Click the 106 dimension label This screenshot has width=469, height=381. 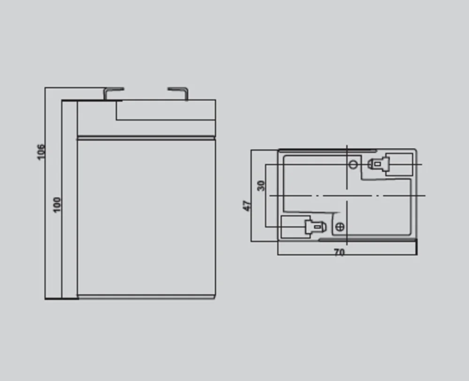(41, 152)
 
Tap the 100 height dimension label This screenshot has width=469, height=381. (57, 205)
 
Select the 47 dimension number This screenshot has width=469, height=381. (247, 206)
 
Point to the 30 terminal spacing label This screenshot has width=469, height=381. (261, 185)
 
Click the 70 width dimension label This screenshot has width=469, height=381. (339, 252)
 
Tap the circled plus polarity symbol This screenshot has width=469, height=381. (340, 227)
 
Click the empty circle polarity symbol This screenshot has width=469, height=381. (353, 164)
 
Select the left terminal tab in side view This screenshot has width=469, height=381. (113, 93)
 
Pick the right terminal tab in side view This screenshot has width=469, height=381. (178, 93)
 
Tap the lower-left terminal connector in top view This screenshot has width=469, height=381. (315, 228)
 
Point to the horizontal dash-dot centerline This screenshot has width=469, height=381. (348, 196)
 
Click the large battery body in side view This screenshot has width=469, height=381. (146, 218)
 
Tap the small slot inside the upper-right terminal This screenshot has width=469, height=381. (378, 164)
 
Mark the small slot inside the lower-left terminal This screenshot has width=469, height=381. (318, 228)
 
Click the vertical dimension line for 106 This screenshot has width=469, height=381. (45, 193)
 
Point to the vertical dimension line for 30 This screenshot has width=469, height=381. (265, 196)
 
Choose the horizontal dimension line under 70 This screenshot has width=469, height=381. (347, 255)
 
